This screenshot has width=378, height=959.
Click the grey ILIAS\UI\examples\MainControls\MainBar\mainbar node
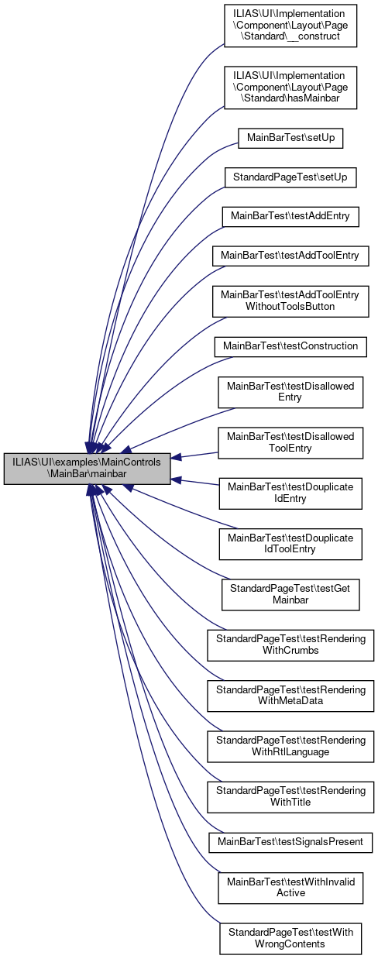tap(87, 469)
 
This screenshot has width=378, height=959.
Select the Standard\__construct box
tap(290, 26)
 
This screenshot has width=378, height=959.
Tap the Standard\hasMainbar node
tap(290, 88)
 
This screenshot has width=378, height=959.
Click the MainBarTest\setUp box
tap(290, 139)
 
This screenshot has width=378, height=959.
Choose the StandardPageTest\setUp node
tap(290, 177)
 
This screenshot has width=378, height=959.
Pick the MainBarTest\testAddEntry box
tap(290, 216)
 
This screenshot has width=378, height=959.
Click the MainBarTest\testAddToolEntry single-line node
tap(290, 256)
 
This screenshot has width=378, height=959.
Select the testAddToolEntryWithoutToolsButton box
tap(290, 301)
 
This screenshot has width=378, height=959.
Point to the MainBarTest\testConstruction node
tap(290, 346)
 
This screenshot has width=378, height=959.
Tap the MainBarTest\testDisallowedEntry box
tap(290, 392)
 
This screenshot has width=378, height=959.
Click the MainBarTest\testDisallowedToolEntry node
tap(290, 442)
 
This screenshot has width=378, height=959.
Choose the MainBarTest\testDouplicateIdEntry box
tap(290, 493)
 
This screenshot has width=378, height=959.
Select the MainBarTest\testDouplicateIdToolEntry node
tap(290, 544)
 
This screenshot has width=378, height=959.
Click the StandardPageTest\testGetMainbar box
tap(290, 595)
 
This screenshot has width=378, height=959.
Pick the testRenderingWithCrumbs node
tap(290, 645)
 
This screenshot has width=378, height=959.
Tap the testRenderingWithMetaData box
tap(290, 696)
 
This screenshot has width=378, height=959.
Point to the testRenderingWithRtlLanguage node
tap(290, 746)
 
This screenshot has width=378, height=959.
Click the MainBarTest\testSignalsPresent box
tap(290, 842)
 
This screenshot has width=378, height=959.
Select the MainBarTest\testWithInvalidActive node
tap(290, 888)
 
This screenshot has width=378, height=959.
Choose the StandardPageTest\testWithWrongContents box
tap(290, 938)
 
